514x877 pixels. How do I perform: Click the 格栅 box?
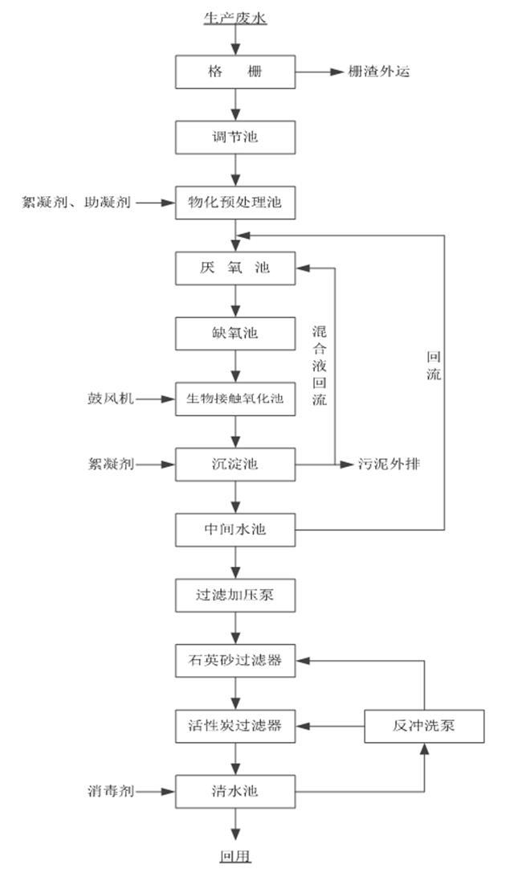[x=235, y=72]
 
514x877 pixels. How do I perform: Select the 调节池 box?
[x=235, y=137]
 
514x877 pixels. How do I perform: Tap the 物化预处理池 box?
[x=235, y=203]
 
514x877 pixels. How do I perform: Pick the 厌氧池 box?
[x=235, y=268]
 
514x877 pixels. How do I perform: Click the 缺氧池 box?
[x=235, y=333]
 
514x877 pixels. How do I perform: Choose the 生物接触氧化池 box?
[x=235, y=398]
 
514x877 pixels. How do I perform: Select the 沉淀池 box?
[x=235, y=464]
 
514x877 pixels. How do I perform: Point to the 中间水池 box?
[x=235, y=530]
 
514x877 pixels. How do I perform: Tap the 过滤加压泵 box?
[x=235, y=596]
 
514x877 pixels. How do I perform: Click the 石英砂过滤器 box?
[x=235, y=661]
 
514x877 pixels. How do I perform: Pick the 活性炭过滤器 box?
[x=235, y=726]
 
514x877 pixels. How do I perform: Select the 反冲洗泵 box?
[x=424, y=726]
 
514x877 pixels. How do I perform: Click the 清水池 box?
[x=235, y=791]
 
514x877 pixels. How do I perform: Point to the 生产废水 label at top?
[x=235, y=17]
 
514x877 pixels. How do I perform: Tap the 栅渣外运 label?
[x=379, y=72]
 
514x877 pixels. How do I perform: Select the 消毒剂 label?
[x=111, y=791]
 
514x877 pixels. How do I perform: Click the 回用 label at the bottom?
[x=235, y=855]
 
